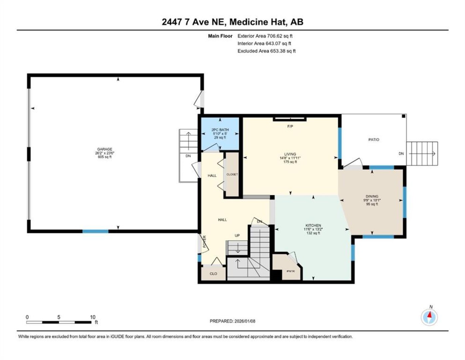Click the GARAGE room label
105,149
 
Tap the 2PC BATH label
220,130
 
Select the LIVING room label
290,154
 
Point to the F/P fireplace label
290,126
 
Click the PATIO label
374,140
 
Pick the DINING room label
372,196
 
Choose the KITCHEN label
313,226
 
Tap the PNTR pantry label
290,271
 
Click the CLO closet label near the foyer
214,273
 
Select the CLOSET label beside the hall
232,174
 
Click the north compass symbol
429,317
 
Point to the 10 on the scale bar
93,317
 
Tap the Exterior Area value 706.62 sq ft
279,36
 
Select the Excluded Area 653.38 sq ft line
266,51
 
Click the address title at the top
232,22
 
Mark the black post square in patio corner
404,116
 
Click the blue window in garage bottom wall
96,231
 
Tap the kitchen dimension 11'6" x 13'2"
313,229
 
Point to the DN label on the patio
401,154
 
